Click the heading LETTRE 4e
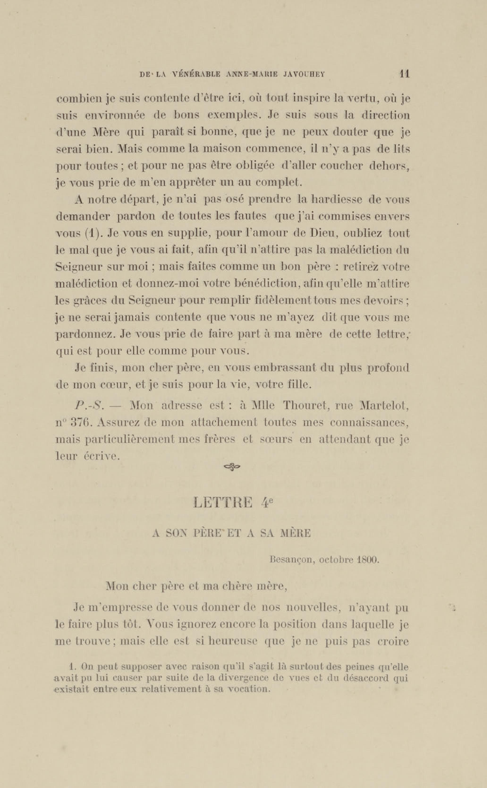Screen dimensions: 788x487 (233, 502)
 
